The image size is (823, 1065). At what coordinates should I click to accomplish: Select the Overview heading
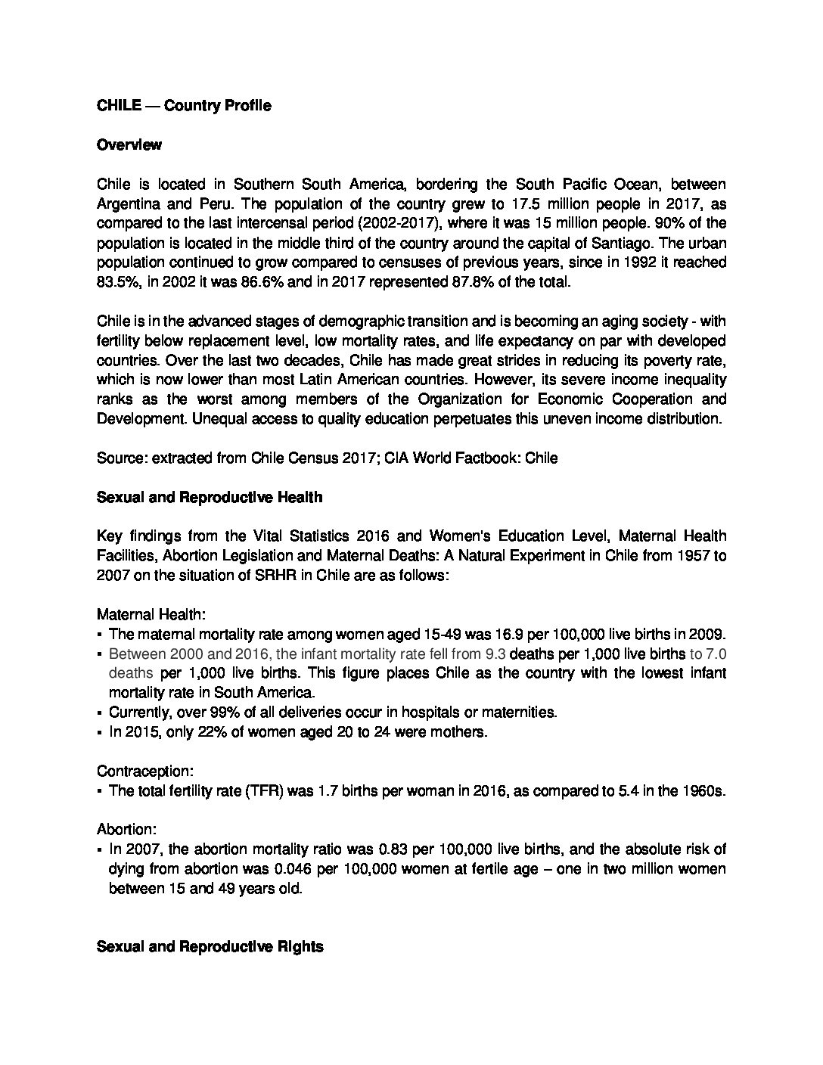click(x=129, y=145)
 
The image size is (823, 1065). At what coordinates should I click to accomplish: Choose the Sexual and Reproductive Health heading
click(x=210, y=498)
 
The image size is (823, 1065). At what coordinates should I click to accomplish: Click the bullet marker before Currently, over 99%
click(x=100, y=713)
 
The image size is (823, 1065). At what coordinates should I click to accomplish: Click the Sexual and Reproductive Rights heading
click(x=210, y=947)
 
